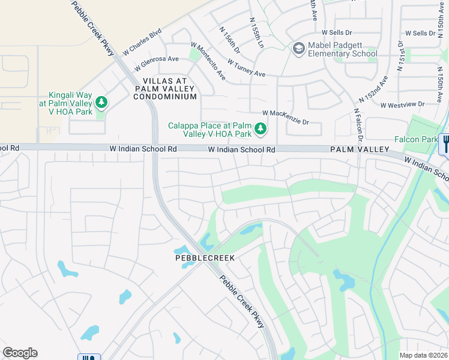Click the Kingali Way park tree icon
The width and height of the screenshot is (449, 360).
click(x=101, y=103)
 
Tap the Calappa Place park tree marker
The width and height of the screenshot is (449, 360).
click(x=261, y=128)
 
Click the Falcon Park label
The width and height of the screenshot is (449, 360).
click(x=415, y=139)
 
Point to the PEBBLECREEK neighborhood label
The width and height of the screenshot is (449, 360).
click(x=204, y=257)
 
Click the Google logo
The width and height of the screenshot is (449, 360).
click(x=20, y=353)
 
